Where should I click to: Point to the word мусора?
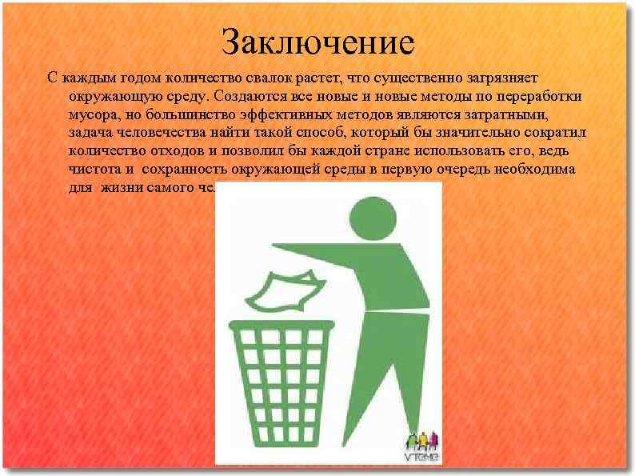91,114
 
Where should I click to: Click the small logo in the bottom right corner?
422,449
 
